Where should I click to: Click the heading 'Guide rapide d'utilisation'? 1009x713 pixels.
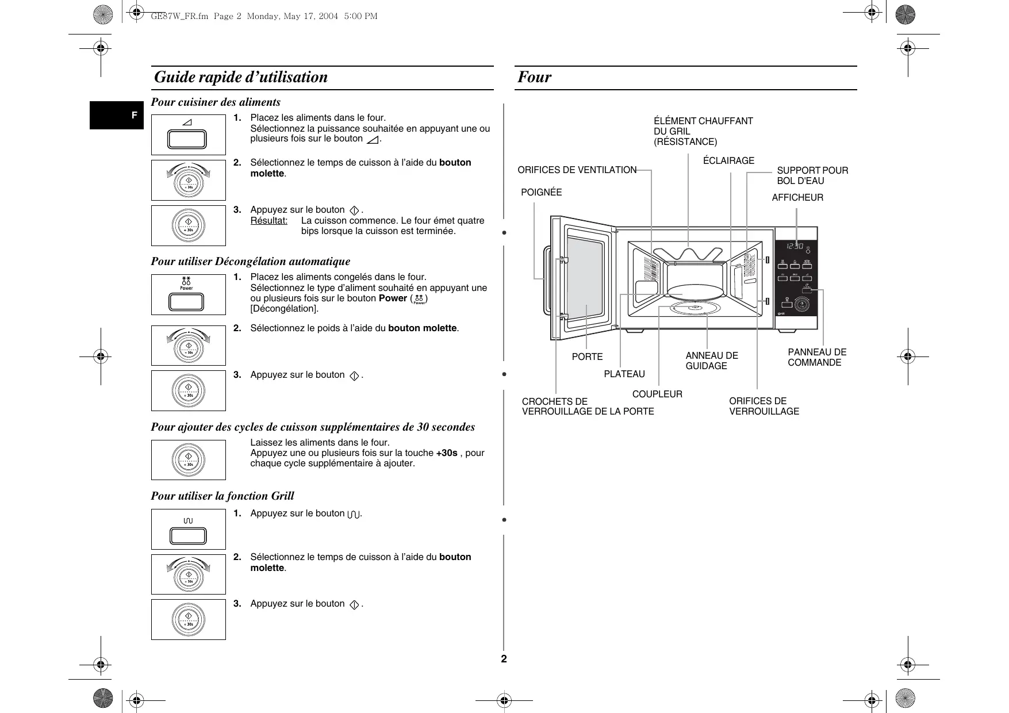[x=241, y=77]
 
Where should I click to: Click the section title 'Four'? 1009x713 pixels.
[x=534, y=77]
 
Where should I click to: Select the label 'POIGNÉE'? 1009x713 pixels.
[x=541, y=192]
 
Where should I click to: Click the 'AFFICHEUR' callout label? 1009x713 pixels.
[x=797, y=197]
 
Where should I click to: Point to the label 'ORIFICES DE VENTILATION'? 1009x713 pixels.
[x=577, y=170]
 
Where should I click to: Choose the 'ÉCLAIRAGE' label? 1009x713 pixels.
[x=728, y=160]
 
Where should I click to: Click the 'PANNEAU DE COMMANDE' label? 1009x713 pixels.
[x=816, y=357]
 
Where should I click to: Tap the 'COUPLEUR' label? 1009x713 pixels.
[x=657, y=394]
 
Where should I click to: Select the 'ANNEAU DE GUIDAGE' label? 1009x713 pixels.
[x=711, y=361]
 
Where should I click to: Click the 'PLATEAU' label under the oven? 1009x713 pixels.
[x=624, y=374]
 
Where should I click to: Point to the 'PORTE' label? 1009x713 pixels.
[x=587, y=356]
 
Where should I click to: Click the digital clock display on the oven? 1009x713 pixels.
[x=795, y=246]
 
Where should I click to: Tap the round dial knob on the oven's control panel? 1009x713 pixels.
[x=801, y=305]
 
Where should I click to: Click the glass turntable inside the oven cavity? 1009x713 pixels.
[x=695, y=292]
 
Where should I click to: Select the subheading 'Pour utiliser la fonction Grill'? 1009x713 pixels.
[x=222, y=496]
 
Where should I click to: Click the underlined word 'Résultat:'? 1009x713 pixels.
[x=268, y=220]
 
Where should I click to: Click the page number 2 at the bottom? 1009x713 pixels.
[x=504, y=659]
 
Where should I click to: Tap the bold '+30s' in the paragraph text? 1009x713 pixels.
[x=447, y=453]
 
